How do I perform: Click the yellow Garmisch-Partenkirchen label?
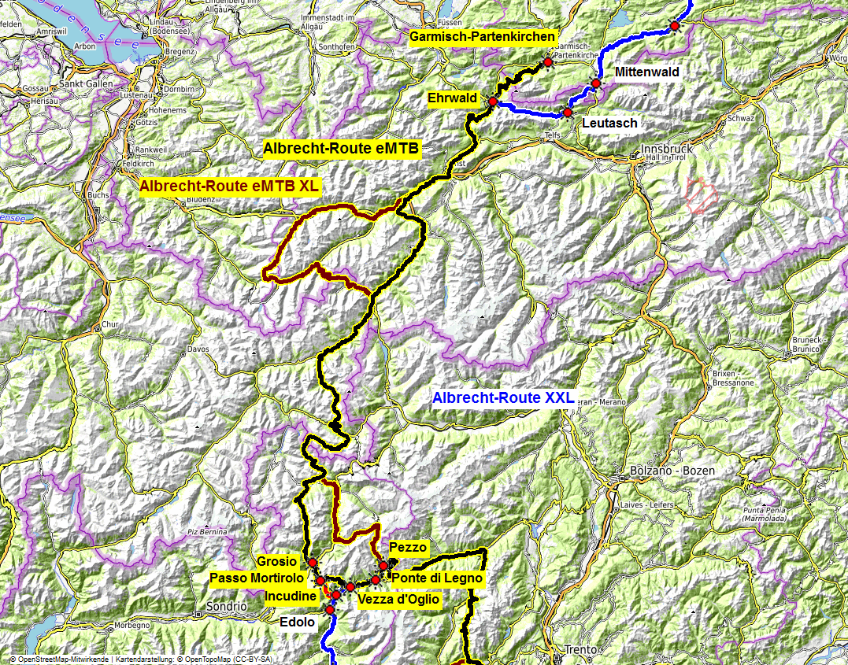(x=483, y=36)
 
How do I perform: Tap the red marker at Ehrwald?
(x=493, y=102)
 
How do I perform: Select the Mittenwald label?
(x=647, y=72)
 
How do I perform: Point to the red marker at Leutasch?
(x=568, y=113)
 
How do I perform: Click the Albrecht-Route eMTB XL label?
(x=231, y=187)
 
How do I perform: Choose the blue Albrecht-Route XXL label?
(x=503, y=397)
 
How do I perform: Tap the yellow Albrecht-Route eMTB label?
(x=342, y=148)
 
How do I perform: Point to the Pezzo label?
(x=408, y=547)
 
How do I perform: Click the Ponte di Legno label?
(x=436, y=578)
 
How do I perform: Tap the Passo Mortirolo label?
(x=261, y=578)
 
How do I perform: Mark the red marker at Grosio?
(x=313, y=563)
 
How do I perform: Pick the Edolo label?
(x=298, y=622)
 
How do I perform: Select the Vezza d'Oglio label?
(x=398, y=600)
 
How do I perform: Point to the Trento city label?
(x=581, y=650)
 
